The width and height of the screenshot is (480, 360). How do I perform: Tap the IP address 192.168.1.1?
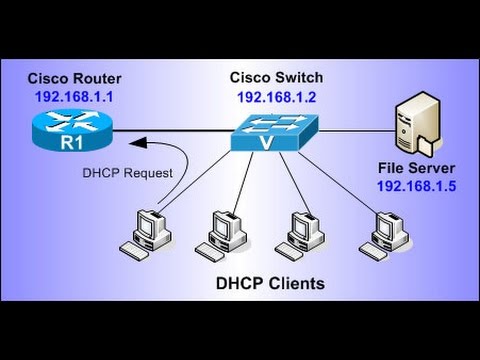(x=75, y=98)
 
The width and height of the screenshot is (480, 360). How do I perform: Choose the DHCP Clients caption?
(x=270, y=284)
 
